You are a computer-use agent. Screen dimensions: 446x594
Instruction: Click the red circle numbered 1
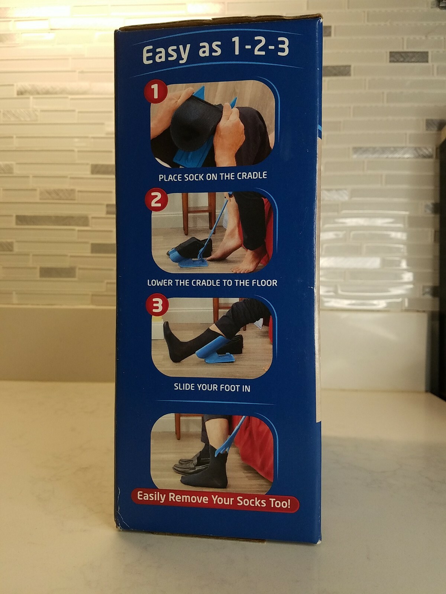[155, 93]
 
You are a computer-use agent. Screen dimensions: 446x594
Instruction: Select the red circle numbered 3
[157, 306]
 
